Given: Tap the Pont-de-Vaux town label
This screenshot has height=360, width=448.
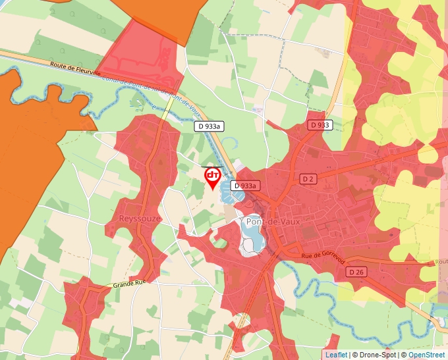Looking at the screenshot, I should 273,222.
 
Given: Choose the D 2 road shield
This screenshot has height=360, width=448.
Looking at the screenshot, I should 308,179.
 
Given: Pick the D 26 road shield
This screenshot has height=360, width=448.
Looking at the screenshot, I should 356,272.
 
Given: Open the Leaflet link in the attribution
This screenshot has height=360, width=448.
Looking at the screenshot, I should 336,355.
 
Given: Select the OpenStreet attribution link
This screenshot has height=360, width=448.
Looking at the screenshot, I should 428,355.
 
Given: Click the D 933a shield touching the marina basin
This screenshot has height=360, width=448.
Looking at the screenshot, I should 244,186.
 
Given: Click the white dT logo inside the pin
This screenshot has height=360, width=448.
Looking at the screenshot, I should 213,175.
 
